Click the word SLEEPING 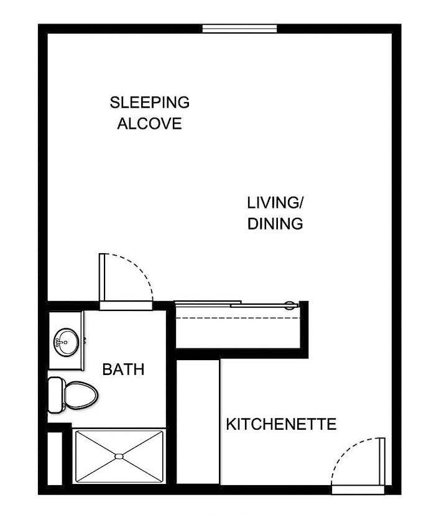(149, 102)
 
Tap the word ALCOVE (149, 123)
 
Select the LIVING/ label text (275, 203)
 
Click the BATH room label (123, 369)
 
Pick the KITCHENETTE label (280, 425)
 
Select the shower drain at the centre (119, 457)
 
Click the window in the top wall (239, 28)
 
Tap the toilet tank (57, 393)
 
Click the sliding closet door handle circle (290, 305)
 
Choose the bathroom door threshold (126, 305)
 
